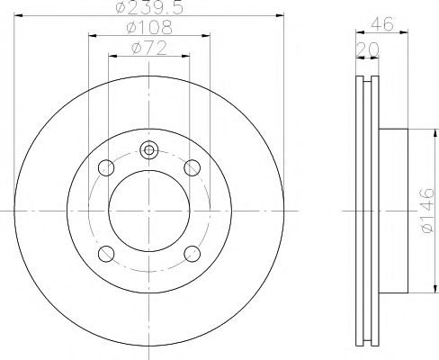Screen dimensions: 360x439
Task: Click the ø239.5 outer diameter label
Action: (x=149, y=9)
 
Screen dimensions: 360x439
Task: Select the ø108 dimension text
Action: (x=149, y=28)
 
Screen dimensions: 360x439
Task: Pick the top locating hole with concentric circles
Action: (x=149, y=150)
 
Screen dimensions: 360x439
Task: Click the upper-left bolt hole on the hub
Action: (x=106, y=167)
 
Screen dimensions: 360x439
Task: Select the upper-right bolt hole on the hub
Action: (x=192, y=167)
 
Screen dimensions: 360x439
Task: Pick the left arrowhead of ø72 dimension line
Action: (x=112, y=55)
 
